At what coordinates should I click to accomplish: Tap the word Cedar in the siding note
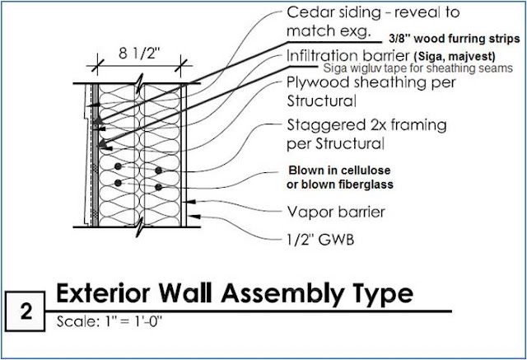308,12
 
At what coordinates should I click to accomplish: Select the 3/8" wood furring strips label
454,39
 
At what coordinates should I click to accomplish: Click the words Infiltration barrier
348,56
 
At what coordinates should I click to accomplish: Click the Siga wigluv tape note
417,68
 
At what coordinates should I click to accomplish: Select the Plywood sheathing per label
371,82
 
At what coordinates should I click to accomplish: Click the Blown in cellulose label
339,170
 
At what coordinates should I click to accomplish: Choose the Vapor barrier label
336,212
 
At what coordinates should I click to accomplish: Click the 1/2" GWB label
320,240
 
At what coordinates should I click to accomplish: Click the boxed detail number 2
26,311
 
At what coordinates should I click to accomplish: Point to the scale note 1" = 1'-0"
133,321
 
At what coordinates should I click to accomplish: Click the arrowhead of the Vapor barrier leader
190,202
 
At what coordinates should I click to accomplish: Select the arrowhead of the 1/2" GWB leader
196,217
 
